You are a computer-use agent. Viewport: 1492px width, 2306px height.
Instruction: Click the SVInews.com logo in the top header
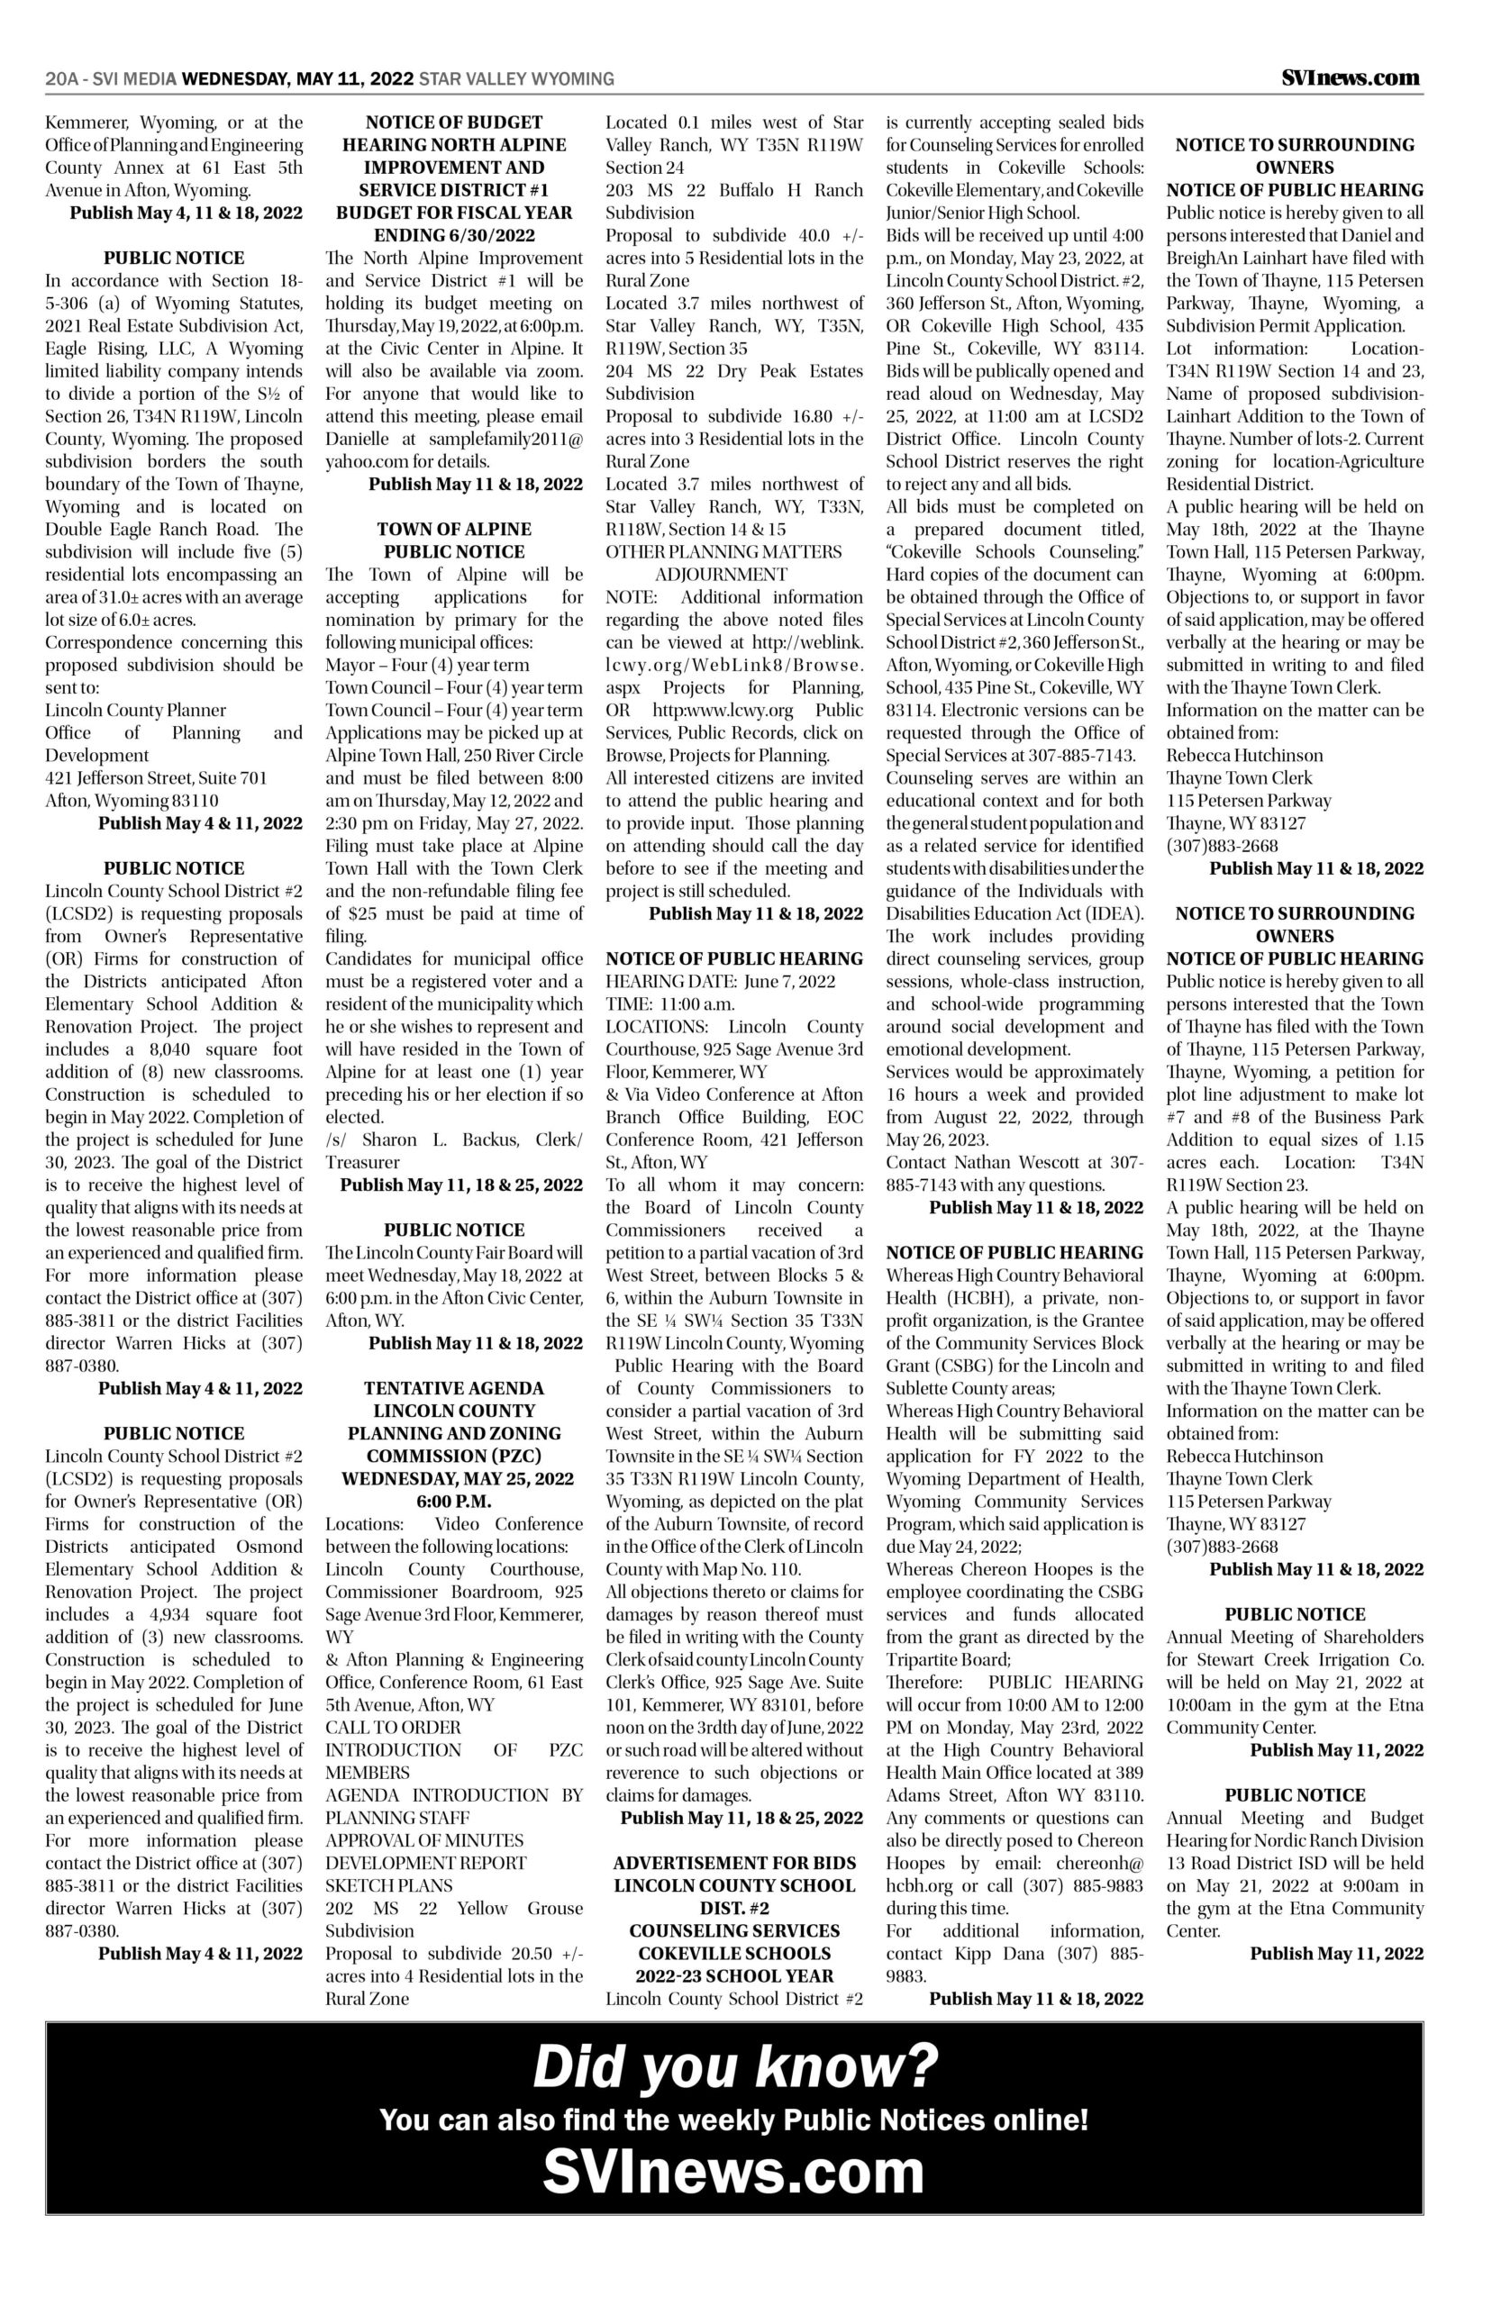(x=1351, y=78)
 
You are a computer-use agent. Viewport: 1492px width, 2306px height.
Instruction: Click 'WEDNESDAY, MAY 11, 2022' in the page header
(x=297, y=79)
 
